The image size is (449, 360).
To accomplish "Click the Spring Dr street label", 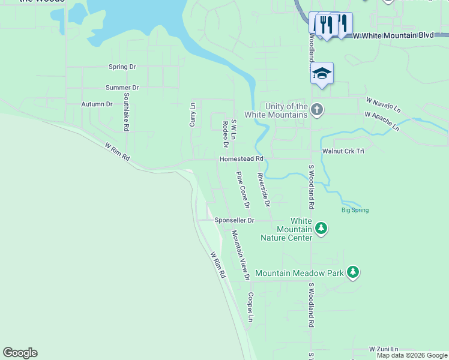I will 122,67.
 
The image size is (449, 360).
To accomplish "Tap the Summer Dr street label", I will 122,88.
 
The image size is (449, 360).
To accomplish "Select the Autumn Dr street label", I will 97,104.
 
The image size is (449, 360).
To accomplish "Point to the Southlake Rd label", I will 127,112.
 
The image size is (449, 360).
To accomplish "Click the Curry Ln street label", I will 193,114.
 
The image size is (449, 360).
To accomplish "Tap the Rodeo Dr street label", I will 226,134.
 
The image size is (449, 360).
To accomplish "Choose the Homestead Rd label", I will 241,159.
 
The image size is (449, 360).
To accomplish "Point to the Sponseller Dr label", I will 235,221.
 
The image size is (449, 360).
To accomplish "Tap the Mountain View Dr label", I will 240,256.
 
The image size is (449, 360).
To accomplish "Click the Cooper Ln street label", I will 251,307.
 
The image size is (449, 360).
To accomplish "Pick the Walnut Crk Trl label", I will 343,152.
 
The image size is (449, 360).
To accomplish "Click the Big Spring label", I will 355,210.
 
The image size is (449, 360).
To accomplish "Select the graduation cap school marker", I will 322,74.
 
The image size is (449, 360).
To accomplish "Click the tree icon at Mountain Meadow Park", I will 354,272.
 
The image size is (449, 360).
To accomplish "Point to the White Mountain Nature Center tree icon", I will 322,228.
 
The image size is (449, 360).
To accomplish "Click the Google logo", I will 20,353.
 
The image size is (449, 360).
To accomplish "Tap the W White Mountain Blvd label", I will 393,35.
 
